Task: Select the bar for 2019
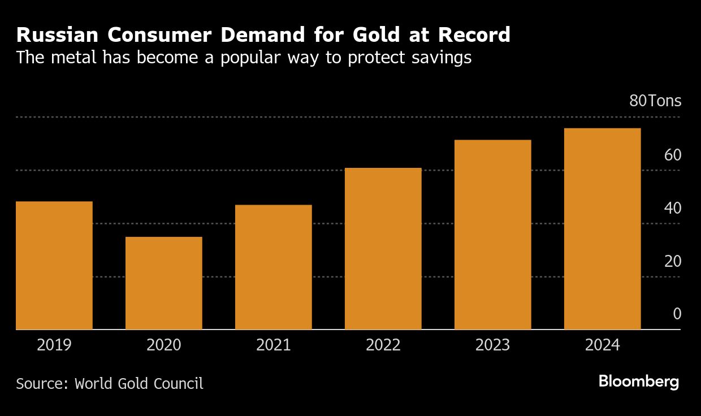[x=54, y=265]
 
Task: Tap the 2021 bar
[x=274, y=267]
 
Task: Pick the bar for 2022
[x=383, y=249]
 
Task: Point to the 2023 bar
[x=493, y=235]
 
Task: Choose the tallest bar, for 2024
[x=603, y=229]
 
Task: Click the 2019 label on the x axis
[x=54, y=345]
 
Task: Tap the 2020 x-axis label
[x=164, y=345]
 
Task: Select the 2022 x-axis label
[x=383, y=345]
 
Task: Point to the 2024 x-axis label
[x=603, y=345]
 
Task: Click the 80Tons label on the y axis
[x=655, y=102]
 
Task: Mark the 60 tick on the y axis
[x=673, y=155]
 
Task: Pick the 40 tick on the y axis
[x=673, y=208]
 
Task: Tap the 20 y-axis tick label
[x=673, y=261]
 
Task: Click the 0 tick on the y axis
[x=677, y=314]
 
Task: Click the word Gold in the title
[x=383, y=35]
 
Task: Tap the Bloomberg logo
[x=639, y=382]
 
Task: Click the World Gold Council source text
[x=139, y=383]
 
